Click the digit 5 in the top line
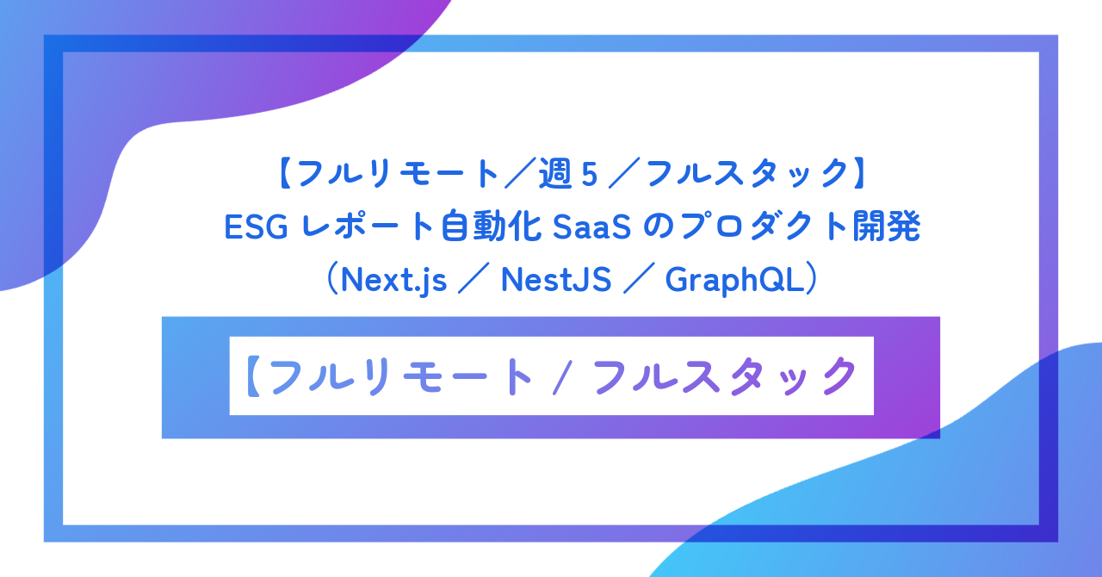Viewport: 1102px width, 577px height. pos(590,175)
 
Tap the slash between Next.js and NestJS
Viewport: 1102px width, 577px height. pos(474,280)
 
